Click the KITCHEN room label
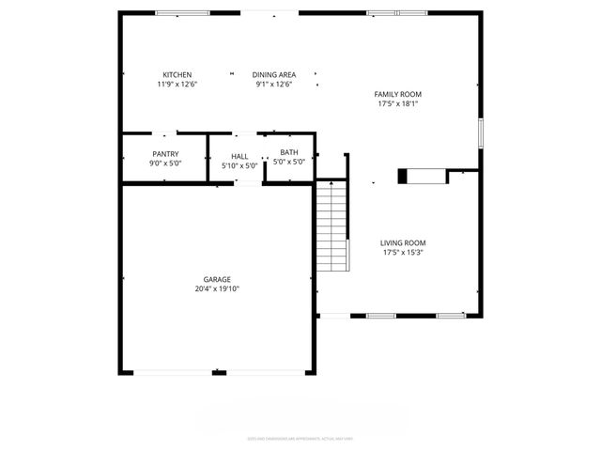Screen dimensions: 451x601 click(x=177, y=75)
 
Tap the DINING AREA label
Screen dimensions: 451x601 click(x=273, y=75)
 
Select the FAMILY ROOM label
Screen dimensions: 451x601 click(x=398, y=94)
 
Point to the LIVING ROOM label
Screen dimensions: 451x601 click(x=404, y=243)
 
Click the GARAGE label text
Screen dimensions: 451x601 click(x=217, y=279)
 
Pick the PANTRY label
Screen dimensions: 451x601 click(x=165, y=154)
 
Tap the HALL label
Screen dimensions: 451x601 click(x=239, y=157)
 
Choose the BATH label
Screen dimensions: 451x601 click(x=288, y=153)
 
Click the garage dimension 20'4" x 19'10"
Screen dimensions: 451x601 click(x=217, y=289)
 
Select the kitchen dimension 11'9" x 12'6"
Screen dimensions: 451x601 click(x=177, y=85)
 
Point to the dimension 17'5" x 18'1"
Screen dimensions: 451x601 click(x=398, y=103)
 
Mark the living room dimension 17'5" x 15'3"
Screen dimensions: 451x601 click(x=404, y=253)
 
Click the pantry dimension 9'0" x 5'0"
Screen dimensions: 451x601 click(x=165, y=163)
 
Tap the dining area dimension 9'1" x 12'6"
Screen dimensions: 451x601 click(x=273, y=85)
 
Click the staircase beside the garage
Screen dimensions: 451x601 click(x=331, y=225)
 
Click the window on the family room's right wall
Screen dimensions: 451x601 click(x=480, y=132)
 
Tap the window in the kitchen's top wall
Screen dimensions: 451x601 click(x=182, y=12)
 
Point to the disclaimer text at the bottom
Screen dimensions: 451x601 click(x=300, y=438)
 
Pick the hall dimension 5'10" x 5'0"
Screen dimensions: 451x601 click(x=239, y=166)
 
